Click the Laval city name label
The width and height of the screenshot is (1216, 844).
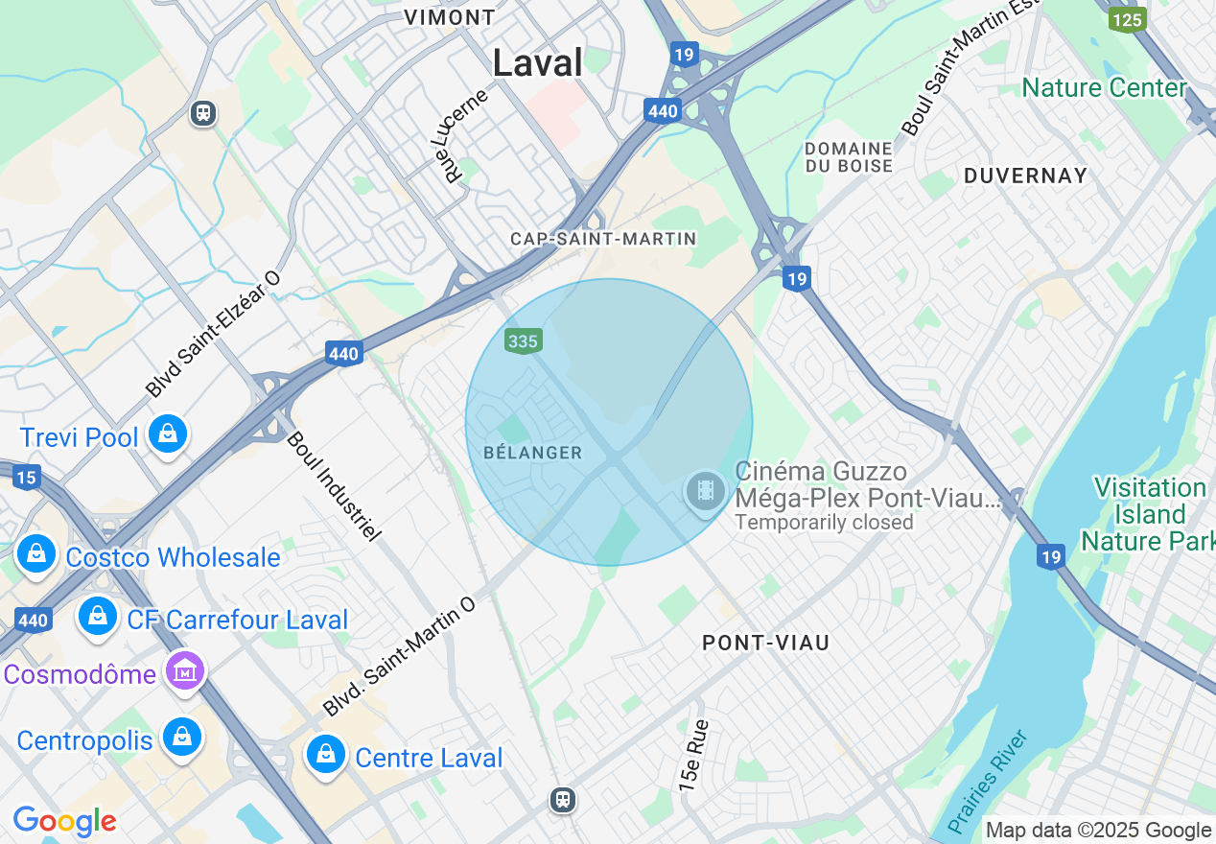click(x=537, y=63)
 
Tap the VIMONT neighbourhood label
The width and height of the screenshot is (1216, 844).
click(x=449, y=17)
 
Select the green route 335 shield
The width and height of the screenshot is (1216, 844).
click(x=524, y=340)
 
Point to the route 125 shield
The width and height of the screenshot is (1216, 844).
click(x=1127, y=19)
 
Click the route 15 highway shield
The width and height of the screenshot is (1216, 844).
click(x=27, y=478)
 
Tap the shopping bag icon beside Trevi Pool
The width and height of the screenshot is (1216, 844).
click(x=168, y=435)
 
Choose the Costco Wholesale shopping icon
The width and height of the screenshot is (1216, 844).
click(x=36, y=555)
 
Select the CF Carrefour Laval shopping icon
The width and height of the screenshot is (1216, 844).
click(x=98, y=617)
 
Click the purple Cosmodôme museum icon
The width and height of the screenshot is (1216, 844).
click(x=185, y=670)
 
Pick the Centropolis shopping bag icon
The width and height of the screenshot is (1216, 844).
click(x=180, y=738)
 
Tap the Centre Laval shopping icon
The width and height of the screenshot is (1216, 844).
click(x=326, y=756)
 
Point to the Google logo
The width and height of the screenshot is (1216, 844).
click(x=64, y=821)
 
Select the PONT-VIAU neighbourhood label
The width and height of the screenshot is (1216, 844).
click(x=765, y=643)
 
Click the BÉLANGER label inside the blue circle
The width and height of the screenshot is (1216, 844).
click(x=533, y=453)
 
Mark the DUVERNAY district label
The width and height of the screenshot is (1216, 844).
click(x=1025, y=176)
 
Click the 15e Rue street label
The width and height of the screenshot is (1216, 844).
click(x=694, y=755)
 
